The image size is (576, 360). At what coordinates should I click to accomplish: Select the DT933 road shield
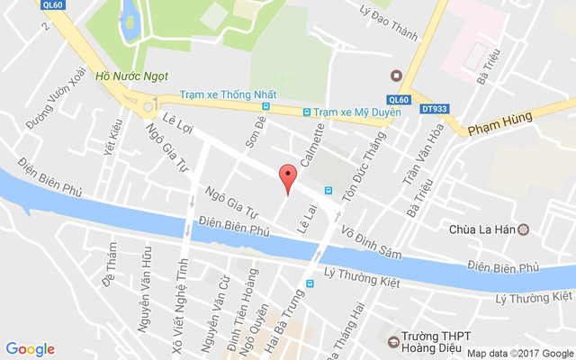coord(434,109)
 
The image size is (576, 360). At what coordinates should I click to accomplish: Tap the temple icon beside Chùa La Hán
coord(524,229)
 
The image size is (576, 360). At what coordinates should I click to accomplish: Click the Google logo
coord(30,349)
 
